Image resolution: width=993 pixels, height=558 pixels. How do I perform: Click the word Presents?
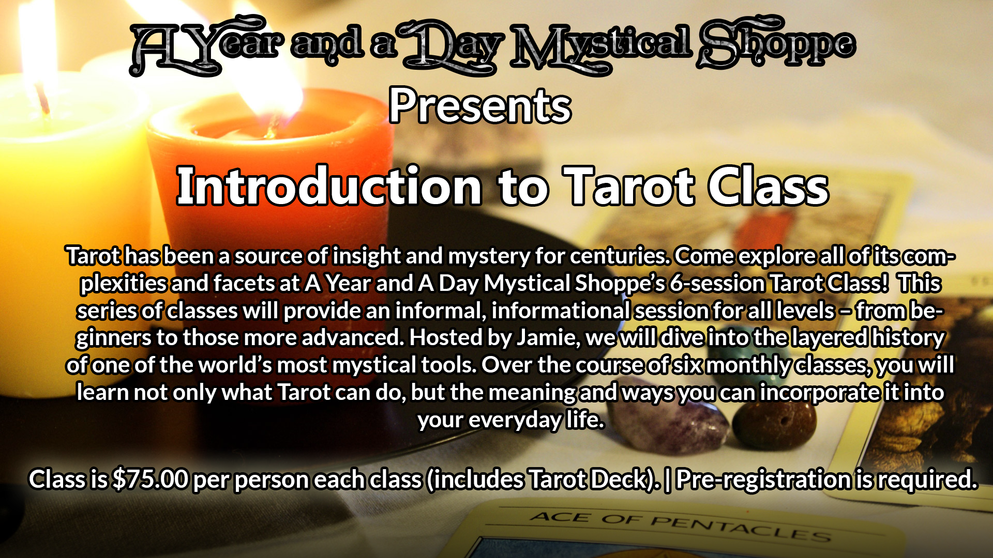480,106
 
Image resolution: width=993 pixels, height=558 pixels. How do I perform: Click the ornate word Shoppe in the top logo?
776,44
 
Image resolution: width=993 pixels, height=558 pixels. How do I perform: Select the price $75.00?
150,479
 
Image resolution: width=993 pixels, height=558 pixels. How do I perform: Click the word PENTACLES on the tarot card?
741,528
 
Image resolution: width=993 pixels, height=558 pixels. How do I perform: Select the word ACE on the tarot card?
560,517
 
